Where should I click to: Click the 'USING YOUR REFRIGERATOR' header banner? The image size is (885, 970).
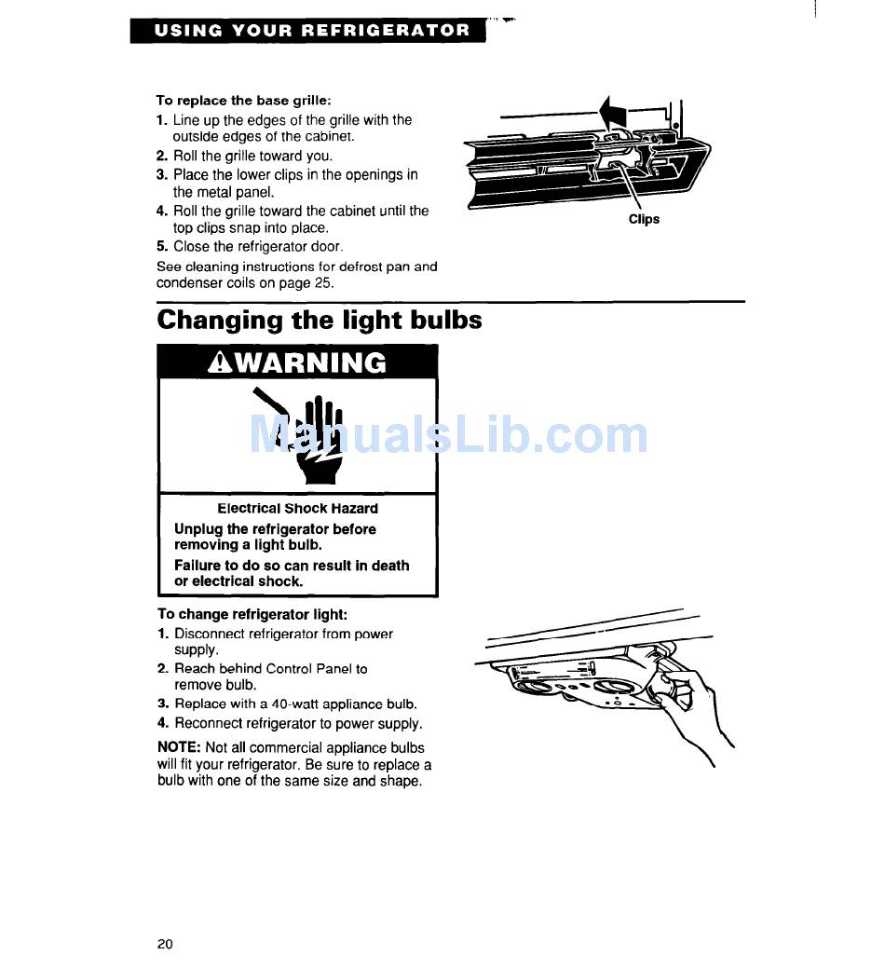[x=308, y=31]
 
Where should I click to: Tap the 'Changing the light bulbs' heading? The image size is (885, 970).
[x=320, y=321]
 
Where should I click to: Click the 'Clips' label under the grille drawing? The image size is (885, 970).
[x=644, y=219]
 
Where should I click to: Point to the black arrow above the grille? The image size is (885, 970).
[x=613, y=113]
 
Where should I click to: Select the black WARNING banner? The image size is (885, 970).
[x=297, y=362]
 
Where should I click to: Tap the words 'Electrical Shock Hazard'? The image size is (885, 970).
[x=297, y=509]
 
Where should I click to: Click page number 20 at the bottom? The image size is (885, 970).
[x=165, y=943]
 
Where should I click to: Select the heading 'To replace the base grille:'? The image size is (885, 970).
[x=244, y=101]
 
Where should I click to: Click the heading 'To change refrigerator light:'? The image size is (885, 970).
[x=252, y=614]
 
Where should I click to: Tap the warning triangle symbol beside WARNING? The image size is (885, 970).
[x=220, y=362]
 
